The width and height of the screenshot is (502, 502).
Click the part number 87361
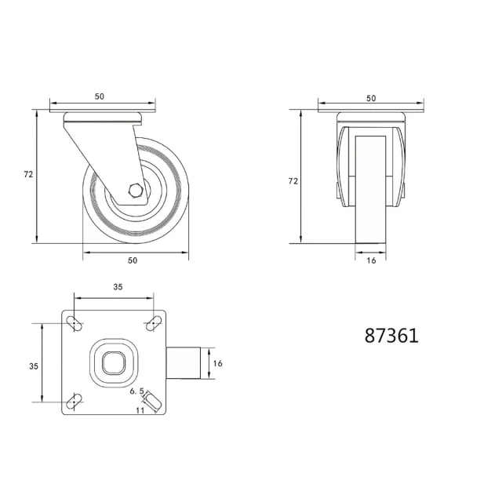coord(391,336)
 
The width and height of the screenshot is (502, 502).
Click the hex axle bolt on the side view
coord(136,191)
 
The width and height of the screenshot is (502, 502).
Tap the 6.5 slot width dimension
coord(137,391)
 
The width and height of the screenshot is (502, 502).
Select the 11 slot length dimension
coord(140,410)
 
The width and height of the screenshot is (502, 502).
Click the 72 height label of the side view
coord(28,174)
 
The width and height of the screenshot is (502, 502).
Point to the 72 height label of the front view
coord(293,181)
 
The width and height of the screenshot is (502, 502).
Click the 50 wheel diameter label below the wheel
coord(133,260)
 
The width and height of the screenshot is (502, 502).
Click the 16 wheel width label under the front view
coord(371,260)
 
